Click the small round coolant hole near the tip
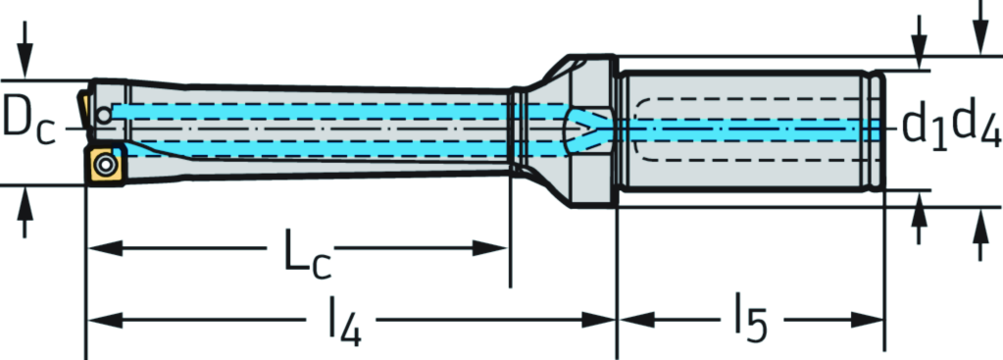pos(104,112)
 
